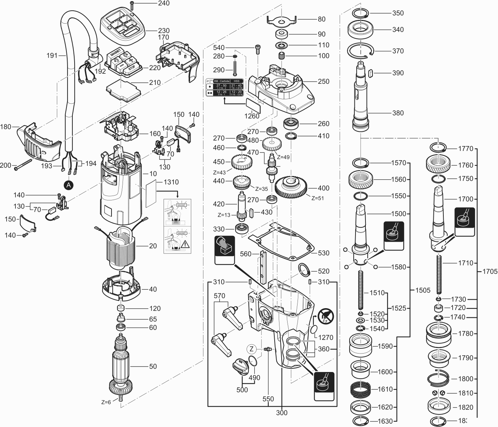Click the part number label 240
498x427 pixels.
pos(164,3)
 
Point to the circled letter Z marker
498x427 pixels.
pos(251,349)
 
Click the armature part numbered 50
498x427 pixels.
pos(121,365)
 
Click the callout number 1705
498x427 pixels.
pos(490,271)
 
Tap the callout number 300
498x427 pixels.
pos(282,413)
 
